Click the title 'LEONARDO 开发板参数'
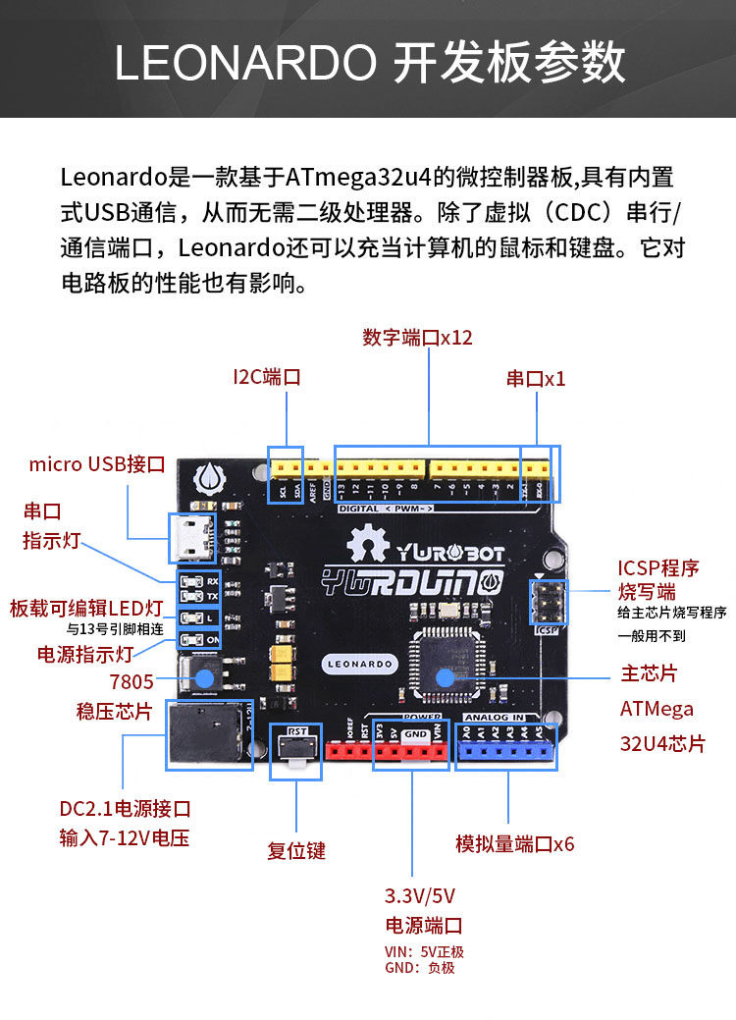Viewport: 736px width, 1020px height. point(369,62)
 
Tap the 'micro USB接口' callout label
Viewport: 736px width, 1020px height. point(96,464)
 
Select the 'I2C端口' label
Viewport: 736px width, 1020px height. point(266,377)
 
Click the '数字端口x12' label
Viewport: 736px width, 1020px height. point(417,338)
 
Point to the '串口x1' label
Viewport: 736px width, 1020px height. point(536,379)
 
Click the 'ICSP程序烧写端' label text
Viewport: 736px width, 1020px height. point(658,579)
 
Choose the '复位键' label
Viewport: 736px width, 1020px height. point(296,851)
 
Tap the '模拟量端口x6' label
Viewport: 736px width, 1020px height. point(515,844)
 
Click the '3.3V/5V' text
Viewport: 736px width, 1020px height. point(420,896)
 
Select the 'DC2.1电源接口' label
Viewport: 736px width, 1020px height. point(125,810)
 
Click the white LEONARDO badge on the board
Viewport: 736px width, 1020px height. point(359,664)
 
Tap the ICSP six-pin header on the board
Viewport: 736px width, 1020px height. point(546,602)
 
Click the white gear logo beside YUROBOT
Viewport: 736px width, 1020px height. point(368,543)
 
